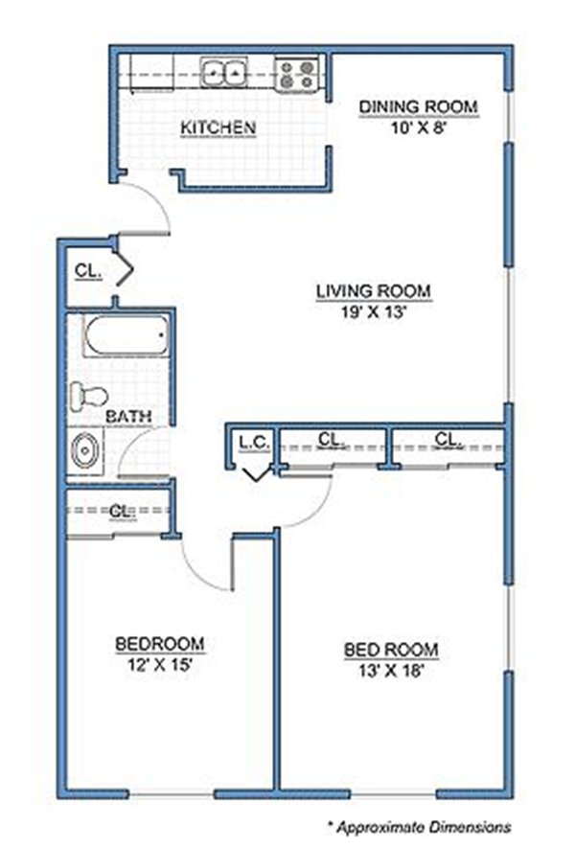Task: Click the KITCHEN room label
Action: click(x=218, y=127)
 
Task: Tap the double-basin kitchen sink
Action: click(x=223, y=72)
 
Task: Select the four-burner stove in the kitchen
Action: click(x=297, y=74)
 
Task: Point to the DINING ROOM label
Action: click(x=419, y=106)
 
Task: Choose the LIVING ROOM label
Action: click(x=374, y=291)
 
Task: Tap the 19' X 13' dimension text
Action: click(x=373, y=312)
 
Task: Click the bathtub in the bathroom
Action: click(x=126, y=335)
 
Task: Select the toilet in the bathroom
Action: click(x=89, y=394)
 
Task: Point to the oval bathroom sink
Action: click(x=85, y=450)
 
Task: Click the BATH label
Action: click(x=128, y=417)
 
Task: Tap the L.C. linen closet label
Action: click(x=255, y=443)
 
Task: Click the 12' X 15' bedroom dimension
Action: click(x=160, y=664)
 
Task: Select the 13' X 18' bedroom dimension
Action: click(x=391, y=671)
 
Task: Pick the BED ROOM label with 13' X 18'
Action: click(x=391, y=649)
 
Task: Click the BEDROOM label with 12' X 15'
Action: click(x=160, y=644)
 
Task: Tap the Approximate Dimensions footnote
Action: click(x=420, y=827)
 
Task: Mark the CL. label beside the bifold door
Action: click(x=88, y=270)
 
